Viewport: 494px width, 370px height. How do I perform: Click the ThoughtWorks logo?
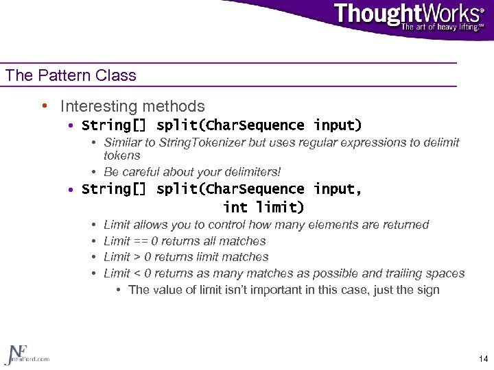[408, 15]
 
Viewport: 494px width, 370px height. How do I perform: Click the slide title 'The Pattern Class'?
[71, 75]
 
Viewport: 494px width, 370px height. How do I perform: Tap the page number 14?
[483, 359]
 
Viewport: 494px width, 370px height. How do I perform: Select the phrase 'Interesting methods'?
[132, 106]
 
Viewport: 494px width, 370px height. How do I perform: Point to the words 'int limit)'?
[263, 206]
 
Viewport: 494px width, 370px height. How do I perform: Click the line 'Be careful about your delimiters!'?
[192, 172]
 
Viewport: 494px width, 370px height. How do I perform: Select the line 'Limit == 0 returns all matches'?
[185, 241]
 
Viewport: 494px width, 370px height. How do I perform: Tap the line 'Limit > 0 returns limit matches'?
[186, 257]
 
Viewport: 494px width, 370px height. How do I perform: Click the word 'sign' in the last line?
[428, 289]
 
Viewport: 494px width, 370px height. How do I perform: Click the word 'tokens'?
[121, 156]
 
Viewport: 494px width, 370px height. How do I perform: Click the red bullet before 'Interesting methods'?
[43, 106]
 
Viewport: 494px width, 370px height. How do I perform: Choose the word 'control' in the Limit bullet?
[226, 225]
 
